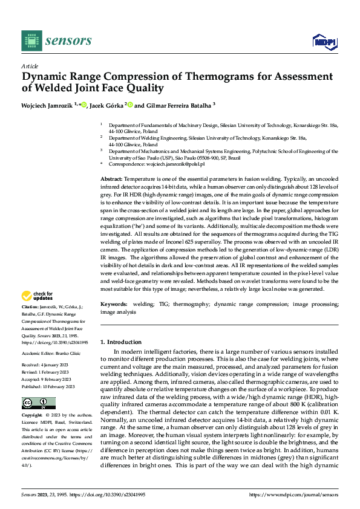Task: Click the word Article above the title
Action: tap(30, 66)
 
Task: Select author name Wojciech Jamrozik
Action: tap(46, 105)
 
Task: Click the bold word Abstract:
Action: tap(111, 180)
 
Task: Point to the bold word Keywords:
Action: tap(114, 304)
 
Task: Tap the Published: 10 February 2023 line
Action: tap(48, 386)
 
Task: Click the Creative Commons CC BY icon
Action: tap(38, 403)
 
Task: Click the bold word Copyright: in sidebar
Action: tap(33, 415)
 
